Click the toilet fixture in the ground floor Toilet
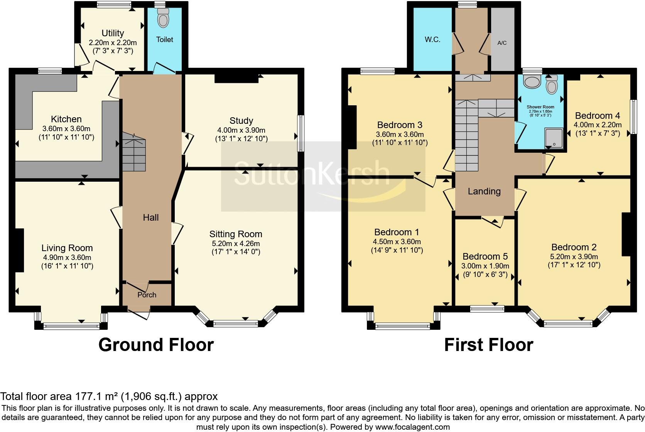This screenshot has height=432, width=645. click(164, 19)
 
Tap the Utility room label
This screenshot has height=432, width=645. click(113, 33)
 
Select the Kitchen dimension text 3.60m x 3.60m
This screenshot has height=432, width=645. click(66, 128)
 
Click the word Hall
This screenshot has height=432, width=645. click(151, 218)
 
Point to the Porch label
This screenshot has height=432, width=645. click(147, 295)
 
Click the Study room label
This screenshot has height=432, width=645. click(241, 121)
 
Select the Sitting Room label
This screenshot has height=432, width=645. click(236, 234)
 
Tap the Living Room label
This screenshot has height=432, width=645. click(67, 248)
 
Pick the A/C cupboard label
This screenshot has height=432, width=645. click(502, 43)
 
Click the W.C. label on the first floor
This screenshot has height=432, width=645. click(432, 40)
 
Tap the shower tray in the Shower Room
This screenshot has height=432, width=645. click(554, 138)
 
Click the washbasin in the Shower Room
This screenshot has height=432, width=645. click(533, 82)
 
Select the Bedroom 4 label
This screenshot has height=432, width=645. click(598, 115)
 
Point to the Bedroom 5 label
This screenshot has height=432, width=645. click(485, 256)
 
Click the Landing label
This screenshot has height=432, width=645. click(484, 191)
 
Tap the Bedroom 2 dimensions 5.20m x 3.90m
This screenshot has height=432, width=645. click(574, 256)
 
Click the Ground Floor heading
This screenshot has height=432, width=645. click(156, 345)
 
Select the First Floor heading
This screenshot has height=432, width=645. click(488, 345)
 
